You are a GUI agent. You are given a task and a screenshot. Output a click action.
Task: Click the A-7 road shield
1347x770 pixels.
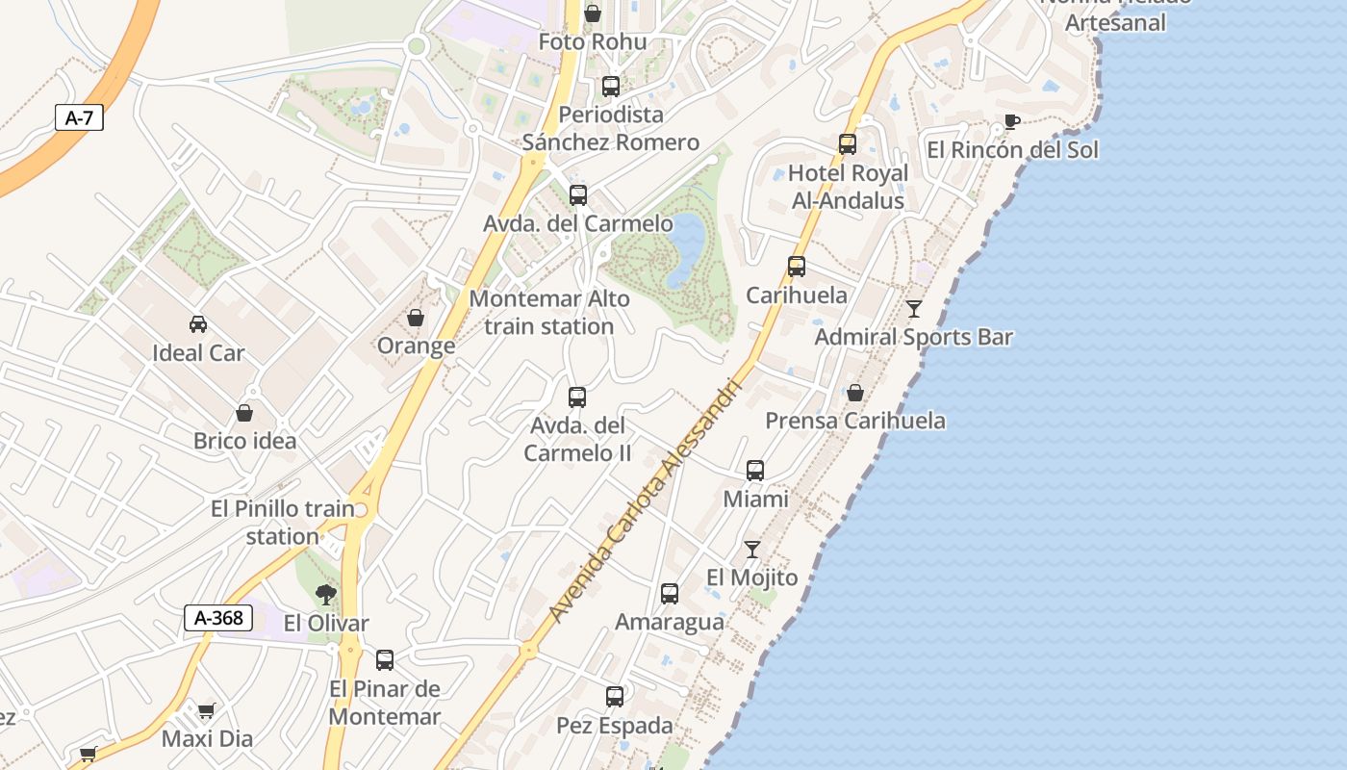point(79,118)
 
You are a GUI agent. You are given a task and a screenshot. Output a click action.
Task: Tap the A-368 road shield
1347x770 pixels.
point(218,618)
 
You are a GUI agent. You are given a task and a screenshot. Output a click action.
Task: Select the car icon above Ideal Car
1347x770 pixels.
point(198,324)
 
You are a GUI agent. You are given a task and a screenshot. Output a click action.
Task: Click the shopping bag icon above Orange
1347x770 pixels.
point(416,318)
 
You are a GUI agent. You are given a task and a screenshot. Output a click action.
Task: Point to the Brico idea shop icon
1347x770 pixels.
point(244,413)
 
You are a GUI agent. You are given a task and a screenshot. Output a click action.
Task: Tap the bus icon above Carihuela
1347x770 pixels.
point(797,267)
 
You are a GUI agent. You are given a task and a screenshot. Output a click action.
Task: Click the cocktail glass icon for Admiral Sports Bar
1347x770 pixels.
point(914,309)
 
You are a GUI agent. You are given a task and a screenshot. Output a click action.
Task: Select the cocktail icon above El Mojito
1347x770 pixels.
point(752,550)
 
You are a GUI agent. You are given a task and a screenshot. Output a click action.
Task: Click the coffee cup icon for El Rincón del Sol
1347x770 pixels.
point(1011,121)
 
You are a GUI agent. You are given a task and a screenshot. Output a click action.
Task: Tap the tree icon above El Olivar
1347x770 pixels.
point(326,594)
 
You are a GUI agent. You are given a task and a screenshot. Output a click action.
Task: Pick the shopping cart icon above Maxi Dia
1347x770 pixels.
point(206,711)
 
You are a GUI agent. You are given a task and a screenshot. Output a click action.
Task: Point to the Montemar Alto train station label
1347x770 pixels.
point(549,313)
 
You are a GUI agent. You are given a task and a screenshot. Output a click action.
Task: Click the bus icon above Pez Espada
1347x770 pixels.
point(615,696)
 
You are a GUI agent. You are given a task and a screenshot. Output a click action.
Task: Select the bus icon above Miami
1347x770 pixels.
point(755,471)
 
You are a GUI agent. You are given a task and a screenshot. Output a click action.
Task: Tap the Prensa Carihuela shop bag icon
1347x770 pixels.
point(854,393)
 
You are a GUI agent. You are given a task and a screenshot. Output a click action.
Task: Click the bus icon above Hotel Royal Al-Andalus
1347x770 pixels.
point(848,144)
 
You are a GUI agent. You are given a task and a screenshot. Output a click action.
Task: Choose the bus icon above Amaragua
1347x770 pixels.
point(670,594)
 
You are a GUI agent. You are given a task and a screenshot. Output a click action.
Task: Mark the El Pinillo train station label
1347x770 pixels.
point(282,523)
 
